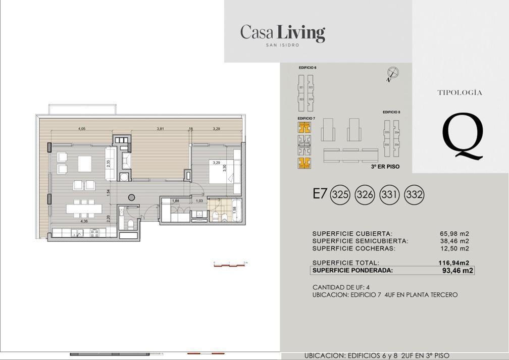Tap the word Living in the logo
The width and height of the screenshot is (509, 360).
click(300, 33)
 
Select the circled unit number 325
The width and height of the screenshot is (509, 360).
click(340, 194)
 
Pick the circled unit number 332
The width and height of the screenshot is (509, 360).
click(414, 194)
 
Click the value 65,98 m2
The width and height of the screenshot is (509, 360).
click(454, 234)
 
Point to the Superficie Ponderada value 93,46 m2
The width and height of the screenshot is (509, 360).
click(457, 271)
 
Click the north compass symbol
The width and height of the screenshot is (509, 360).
click(392, 73)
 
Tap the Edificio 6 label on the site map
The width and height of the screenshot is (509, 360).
click(308, 67)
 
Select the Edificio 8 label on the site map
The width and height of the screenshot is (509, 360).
click(391, 112)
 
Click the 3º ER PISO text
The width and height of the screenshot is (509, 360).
click(385, 166)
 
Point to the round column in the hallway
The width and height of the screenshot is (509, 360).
click(132, 197)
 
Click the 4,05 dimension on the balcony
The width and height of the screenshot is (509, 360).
click(82, 129)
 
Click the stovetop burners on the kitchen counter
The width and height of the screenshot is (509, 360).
click(94, 233)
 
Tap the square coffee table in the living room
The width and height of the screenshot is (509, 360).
click(84, 163)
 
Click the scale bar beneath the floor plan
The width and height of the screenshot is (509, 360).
click(230, 265)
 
